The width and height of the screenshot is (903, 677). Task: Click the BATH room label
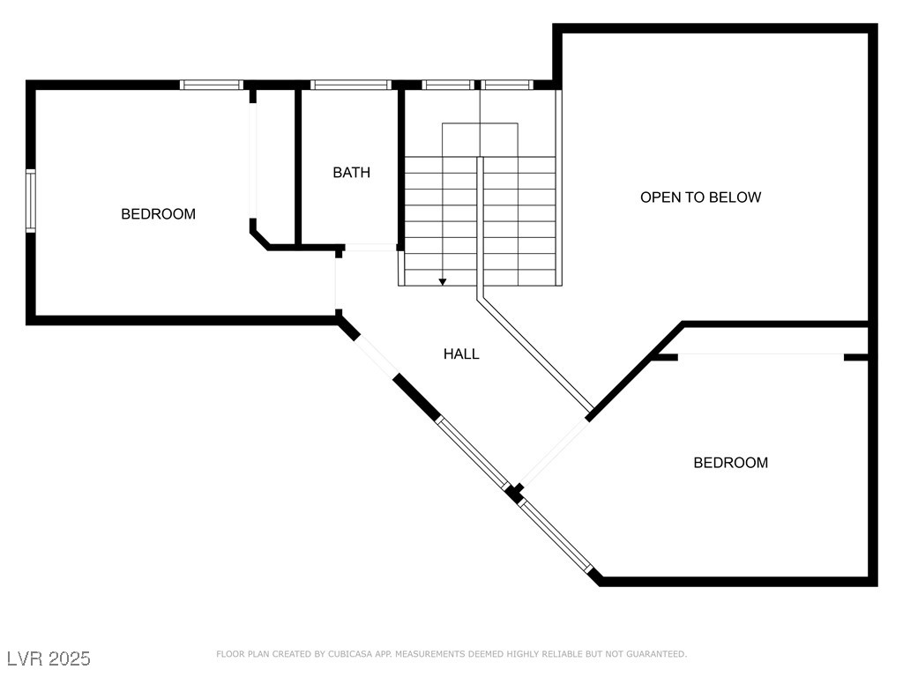pos(351,173)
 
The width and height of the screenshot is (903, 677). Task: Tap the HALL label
pos(461,354)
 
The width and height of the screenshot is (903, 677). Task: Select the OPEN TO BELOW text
pos(700,197)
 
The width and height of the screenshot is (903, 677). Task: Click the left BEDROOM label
pos(158,214)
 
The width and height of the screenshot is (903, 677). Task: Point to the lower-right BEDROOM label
pos(730,463)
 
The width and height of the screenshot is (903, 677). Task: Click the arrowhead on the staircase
pos(443,281)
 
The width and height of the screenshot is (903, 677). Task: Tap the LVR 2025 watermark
pos(49,658)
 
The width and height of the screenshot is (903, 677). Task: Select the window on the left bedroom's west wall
pos(31,200)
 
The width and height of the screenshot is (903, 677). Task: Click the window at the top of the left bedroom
pos(211,85)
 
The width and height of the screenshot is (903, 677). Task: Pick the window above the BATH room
pos(350,85)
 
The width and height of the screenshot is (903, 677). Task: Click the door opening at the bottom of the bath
pos(369,248)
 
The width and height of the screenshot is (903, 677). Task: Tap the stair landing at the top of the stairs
pos(480,139)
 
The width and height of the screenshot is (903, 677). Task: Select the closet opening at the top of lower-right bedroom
pos(761,355)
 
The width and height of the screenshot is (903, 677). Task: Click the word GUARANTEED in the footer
pos(655,654)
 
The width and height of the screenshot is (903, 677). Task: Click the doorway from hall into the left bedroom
pos(336,284)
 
